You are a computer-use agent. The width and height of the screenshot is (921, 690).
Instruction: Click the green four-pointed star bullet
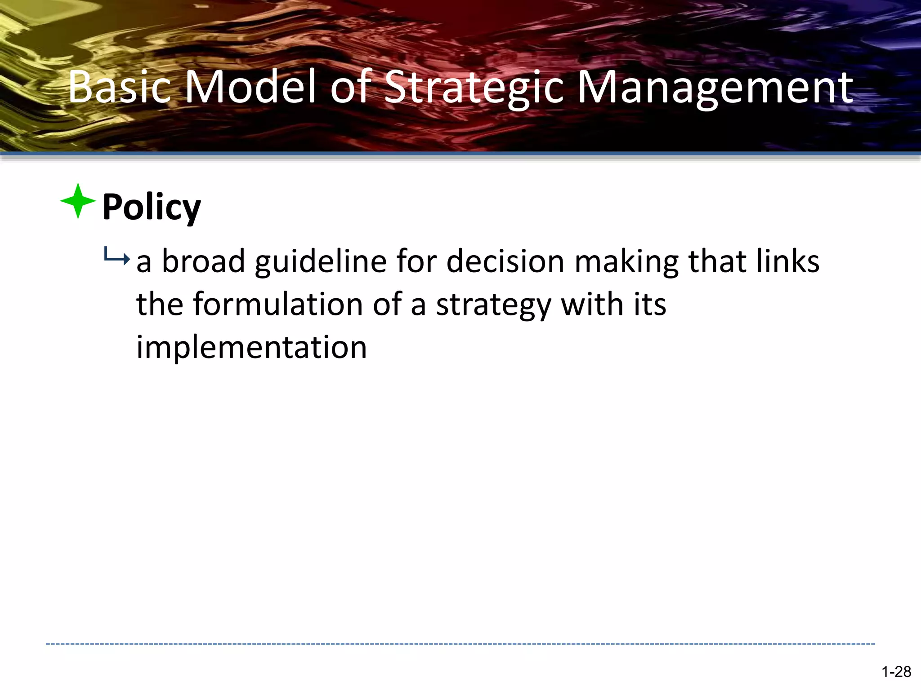(78, 201)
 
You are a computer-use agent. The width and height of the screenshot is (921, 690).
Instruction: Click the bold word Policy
(152, 208)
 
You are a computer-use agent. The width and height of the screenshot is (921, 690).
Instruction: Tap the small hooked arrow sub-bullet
(116, 257)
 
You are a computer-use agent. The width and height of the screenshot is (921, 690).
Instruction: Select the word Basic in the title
(120, 87)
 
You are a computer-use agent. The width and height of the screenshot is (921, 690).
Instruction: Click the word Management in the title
(715, 88)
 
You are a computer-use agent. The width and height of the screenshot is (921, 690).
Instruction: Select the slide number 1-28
(896, 672)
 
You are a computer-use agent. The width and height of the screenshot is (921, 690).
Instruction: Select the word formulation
(277, 304)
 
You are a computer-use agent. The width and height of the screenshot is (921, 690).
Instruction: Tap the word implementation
(251, 347)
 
